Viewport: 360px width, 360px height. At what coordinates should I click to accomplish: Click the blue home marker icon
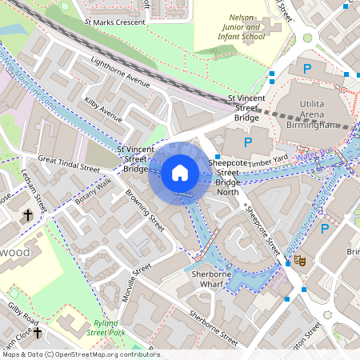[180, 172]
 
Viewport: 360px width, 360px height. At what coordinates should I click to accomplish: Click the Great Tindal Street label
[69, 164]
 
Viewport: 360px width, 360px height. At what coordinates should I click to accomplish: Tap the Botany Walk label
[93, 192]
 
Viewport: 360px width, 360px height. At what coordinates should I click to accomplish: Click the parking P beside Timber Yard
[247, 142]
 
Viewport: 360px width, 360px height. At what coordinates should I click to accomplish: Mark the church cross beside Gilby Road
[38, 330]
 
